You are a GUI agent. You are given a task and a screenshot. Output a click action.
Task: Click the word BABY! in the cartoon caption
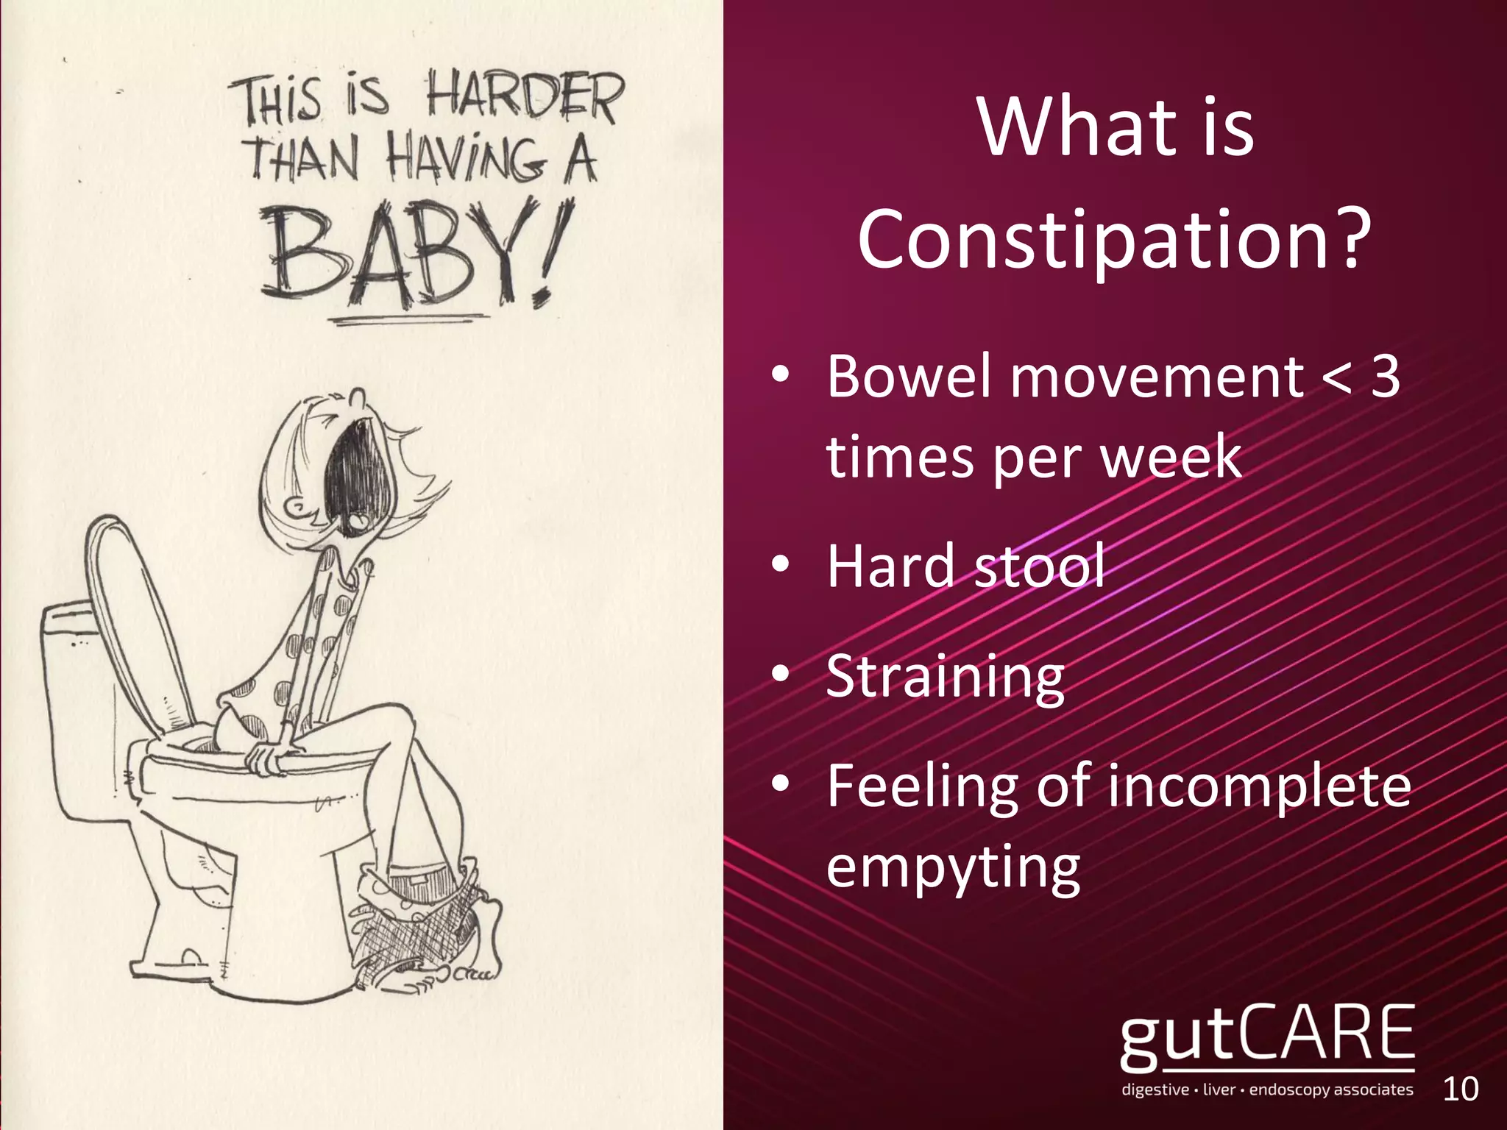412,254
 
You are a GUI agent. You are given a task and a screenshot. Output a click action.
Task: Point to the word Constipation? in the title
1115,238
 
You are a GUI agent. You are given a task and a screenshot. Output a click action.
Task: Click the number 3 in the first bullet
1385,377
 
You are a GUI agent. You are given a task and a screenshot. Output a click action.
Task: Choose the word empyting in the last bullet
953,869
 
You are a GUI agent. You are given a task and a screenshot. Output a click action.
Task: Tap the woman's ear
299,505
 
